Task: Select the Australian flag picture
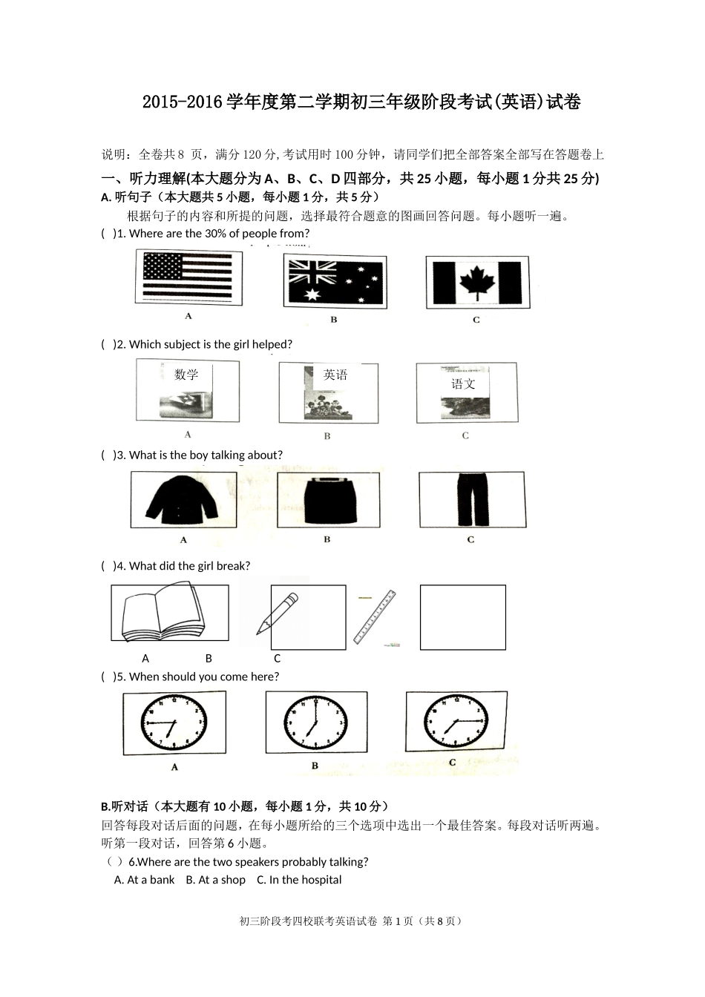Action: click(x=334, y=281)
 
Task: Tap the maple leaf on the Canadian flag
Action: click(x=476, y=282)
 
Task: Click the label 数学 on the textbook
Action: click(x=186, y=375)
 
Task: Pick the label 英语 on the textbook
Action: click(x=335, y=375)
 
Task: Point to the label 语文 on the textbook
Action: click(x=463, y=384)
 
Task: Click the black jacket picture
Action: click(x=183, y=500)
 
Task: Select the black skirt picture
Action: click(x=327, y=499)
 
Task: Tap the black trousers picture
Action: click(x=470, y=499)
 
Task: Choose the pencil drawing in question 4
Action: click(x=277, y=613)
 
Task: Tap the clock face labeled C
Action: click(x=455, y=720)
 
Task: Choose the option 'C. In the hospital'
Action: click(x=299, y=880)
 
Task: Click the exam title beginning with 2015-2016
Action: click(x=361, y=102)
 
